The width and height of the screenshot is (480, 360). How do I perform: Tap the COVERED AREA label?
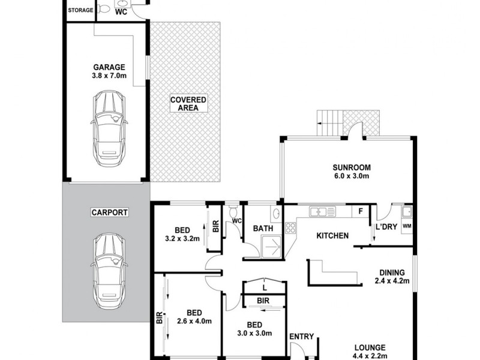click(188, 103)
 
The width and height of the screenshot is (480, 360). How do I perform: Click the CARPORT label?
click(105, 212)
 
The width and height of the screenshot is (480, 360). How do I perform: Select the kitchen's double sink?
click(321, 211)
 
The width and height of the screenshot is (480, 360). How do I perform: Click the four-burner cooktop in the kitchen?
click(290, 227)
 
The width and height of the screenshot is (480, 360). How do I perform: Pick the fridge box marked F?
click(360, 211)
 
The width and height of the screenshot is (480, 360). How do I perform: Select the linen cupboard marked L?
click(264, 289)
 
